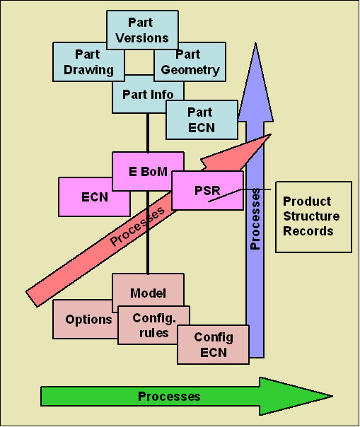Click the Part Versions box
[x=142, y=30]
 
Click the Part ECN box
[x=202, y=120]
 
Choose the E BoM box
[x=148, y=171]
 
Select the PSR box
[x=207, y=190]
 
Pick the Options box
[x=85, y=320]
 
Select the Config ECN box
[x=214, y=344]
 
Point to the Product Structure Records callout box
[x=313, y=217]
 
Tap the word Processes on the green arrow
[x=169, y=397]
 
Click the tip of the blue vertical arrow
[x=255, y=43]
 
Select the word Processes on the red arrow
[x=137, y=226]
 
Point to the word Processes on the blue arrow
[x=255, y=219]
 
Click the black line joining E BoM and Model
[x=148, y=233]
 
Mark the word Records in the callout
[x=308, y=231]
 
